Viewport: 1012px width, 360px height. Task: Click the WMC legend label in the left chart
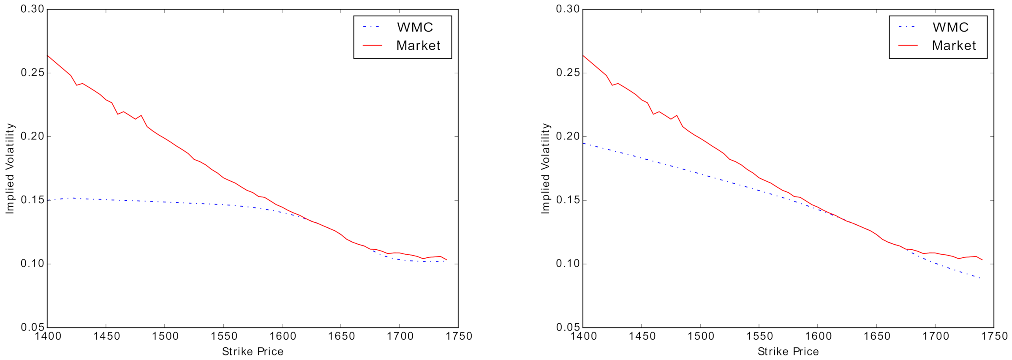[x=415, y=27]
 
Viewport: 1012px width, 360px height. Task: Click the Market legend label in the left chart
[x=418, y=46]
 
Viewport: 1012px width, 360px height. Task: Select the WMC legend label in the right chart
[x=950, y=27]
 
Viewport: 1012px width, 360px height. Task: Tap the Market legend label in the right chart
[x=954, y=46]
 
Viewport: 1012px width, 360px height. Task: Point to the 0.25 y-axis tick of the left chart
[x=33, y=73]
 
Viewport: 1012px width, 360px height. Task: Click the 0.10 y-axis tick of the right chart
[x=568, y=264]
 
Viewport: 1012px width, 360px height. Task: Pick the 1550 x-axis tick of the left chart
[x=224, y=336]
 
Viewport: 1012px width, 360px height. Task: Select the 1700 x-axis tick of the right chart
[x=936, y=336]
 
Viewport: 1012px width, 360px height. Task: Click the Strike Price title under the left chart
[x=253, y=352]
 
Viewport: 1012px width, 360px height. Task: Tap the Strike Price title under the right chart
[x=788, y=352]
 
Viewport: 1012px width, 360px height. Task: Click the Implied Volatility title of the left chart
[x=10, y=169]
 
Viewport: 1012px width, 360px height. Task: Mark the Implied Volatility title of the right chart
[x=545, y=169]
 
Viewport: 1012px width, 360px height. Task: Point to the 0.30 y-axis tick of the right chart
[x=568, y=9]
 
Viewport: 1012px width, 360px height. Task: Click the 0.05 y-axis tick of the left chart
[x=33, y=327]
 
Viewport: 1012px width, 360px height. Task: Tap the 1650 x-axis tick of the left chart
[x=342, y=336]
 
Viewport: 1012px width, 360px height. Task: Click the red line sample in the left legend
[x=372, y=45]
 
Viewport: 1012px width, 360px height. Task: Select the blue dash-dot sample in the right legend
[x=907, y=27]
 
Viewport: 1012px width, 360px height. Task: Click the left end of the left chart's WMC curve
[x=48, y=200]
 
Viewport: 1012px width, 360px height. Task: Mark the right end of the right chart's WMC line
[x=979, y=278]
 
